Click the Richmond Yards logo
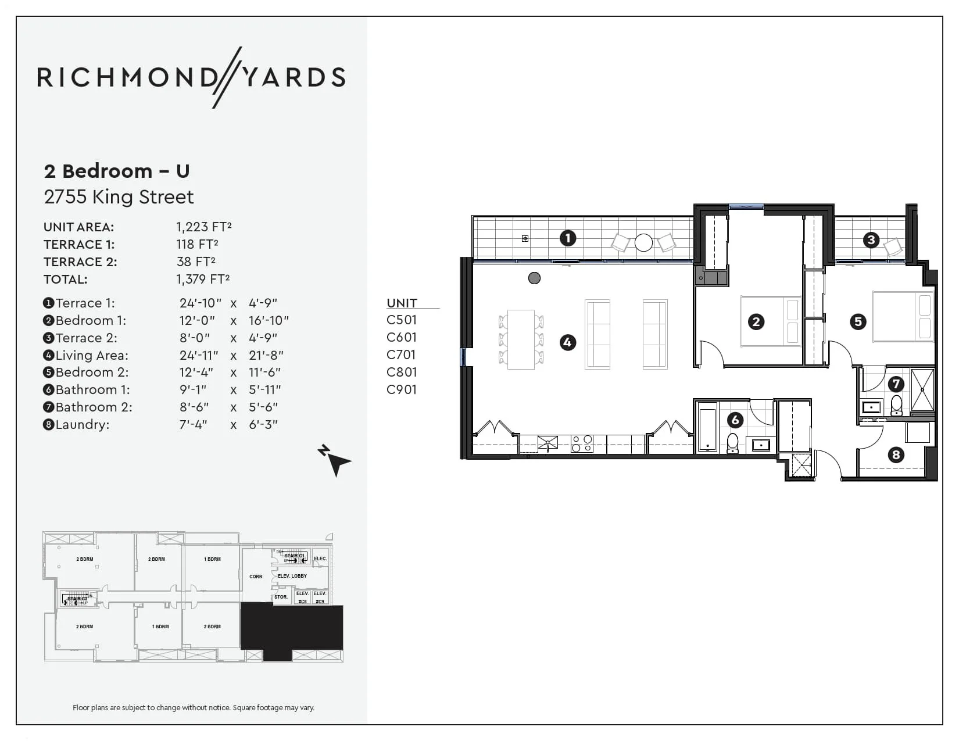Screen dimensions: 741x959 tap(191, 77)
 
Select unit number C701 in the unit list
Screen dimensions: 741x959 tap(402, 355)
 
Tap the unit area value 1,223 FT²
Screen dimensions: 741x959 tap(204, 227)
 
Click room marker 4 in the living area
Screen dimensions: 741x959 tap(567, 343)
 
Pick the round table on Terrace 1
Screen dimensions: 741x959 tap(643, 242)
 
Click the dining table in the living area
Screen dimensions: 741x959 tap(521, 339)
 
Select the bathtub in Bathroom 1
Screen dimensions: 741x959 tap(707, 429)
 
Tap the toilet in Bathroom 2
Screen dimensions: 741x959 tap(896, 405)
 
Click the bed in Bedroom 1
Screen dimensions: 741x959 tap(771, 321)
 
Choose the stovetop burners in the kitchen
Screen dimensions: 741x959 tap(582, 444)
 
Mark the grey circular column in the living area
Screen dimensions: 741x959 tap(534, 278)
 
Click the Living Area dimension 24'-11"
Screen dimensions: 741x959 tap(199, 355)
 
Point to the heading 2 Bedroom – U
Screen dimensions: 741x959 tap(117, 171)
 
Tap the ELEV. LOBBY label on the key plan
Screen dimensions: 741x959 tap(292, 576)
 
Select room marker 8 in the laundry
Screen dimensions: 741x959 tap(896, 454)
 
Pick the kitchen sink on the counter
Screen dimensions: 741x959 tap(548, 443)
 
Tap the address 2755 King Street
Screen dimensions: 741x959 tap(119, 197)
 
